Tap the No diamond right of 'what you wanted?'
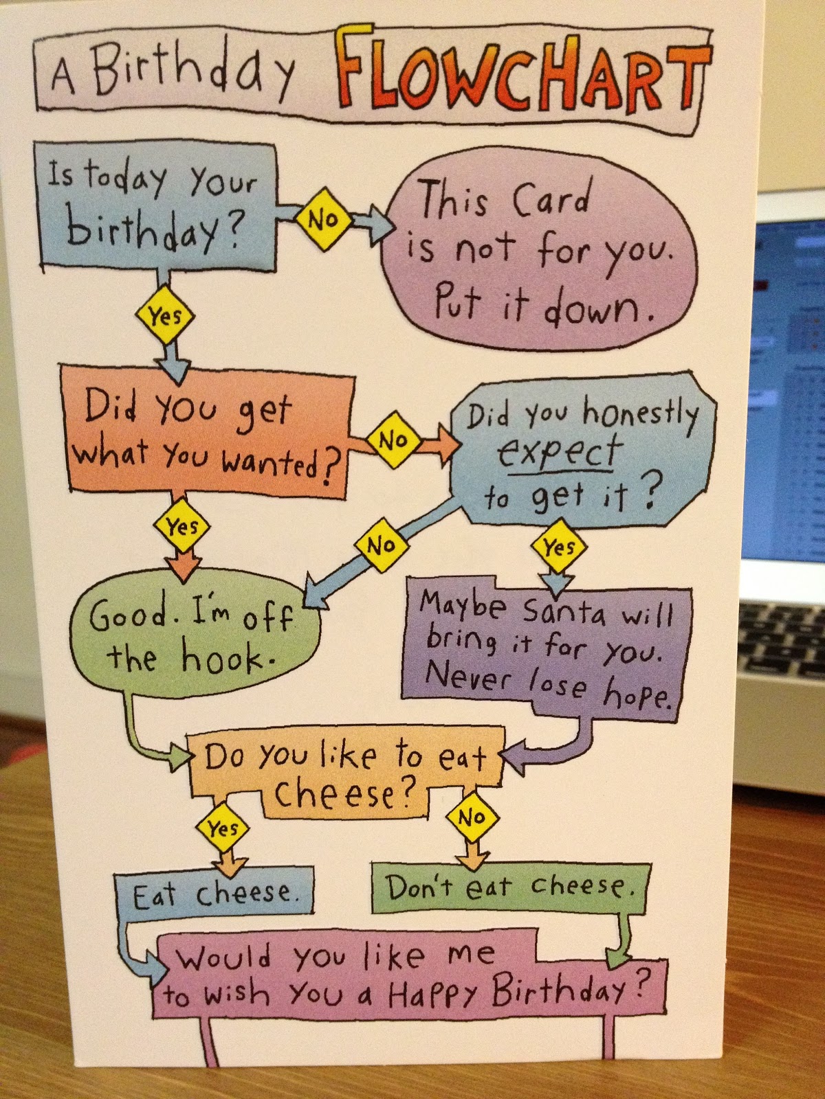click(x=393, y=440)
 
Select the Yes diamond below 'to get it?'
click(x=558, y=548)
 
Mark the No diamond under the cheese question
click(x=472, y=817)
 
